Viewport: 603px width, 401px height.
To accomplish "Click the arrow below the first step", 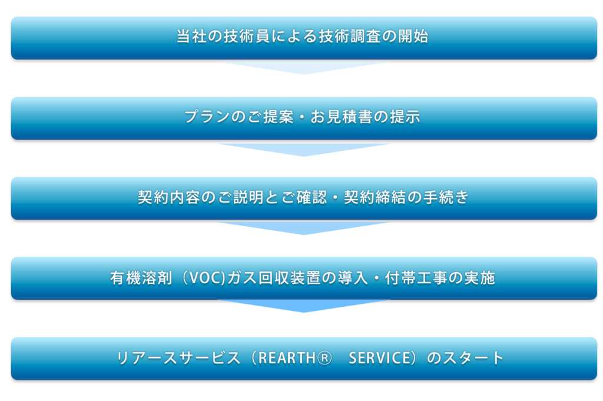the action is point(304,68).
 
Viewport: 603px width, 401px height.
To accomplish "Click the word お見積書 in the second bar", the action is point(341,117).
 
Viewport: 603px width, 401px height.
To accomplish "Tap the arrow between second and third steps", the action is point(304,150).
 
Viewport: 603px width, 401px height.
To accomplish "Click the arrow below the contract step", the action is point(304,228).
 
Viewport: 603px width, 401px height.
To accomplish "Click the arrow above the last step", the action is point(304,306).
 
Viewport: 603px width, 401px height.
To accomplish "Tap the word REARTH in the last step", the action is point(287,358).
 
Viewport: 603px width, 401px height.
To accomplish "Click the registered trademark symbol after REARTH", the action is point(325,358).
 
